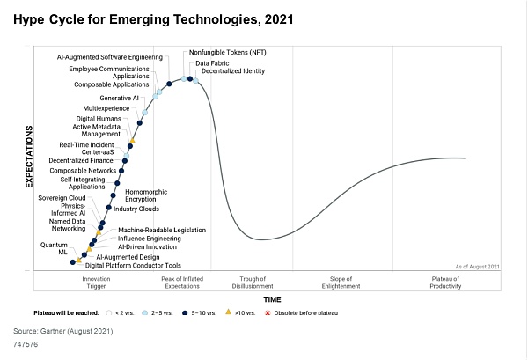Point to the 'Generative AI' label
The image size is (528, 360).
[x=119, y=98]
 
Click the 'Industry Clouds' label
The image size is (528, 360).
[x=136, y=209]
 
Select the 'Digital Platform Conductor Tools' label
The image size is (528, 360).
[x=133, y=265]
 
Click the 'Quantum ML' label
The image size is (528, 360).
[x=55, y=248]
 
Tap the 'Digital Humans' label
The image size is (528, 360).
[x=97, y=119]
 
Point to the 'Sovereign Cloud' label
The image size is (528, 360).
[x=62, y=199]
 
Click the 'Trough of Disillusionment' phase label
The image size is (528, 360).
[x=252, y=283]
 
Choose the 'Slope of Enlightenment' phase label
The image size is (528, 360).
[x=341, y=283]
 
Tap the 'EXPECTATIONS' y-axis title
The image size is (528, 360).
[x=29, y=157]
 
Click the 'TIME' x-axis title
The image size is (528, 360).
[x=272, y=299]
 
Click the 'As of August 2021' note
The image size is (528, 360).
[x=477, y=266]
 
